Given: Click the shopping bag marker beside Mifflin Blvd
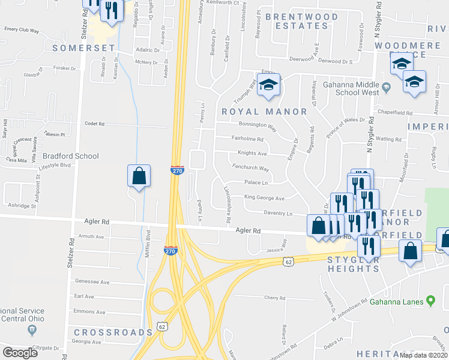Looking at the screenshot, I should [x=139, y=176].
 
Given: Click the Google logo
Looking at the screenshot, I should [x=20, y=353].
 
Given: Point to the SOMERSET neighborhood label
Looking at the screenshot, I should [x=75, y=47].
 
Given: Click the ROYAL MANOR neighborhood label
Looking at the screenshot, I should [x=264, y=112].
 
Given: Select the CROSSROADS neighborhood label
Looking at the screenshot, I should [x=113, y=332].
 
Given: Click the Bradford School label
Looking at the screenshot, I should [x=71, y=156].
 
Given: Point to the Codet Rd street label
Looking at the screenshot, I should [x=95, y=124].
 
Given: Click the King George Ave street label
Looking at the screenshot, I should [x=264, y=198].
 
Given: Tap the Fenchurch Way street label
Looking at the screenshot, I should [x=250, y=169].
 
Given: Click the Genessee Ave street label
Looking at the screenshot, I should [x=92, y=281].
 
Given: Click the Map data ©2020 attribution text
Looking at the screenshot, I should [x=423, y=355].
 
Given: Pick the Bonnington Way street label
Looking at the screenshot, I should [x=258, y=128].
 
